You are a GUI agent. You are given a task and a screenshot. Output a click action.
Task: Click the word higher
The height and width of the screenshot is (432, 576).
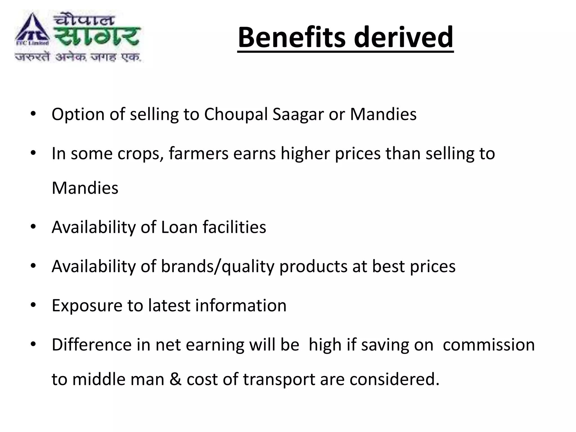[x=305, y=154]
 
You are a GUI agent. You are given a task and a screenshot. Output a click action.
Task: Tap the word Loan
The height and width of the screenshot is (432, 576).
[x=179, y=227]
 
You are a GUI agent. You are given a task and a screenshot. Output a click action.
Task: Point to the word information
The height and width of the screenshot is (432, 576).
[x=241, y=305]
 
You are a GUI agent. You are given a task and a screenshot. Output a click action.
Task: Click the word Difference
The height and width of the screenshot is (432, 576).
[x=92, y=345]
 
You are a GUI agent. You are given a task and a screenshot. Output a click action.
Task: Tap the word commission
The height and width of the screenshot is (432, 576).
[x=489, y=345]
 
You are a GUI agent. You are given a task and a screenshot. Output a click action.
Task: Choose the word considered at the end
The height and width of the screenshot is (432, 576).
[x=394, y=379]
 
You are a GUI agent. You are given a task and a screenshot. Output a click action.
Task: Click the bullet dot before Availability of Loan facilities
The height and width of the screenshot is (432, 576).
[x=33, y=227]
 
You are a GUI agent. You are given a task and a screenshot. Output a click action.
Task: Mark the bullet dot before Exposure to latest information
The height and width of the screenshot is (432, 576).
[x=33, y=305]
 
